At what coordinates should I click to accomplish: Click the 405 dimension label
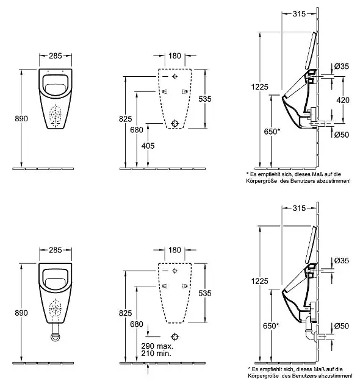[148, 146]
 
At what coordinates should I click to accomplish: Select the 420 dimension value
[343, 100]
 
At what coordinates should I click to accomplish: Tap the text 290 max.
[157, 346]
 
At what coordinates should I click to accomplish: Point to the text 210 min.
[156, 353]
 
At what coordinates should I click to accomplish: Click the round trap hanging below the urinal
[56, 336]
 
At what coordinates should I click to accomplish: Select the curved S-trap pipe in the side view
[309, 330]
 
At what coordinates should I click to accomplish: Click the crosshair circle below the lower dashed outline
[175, 336]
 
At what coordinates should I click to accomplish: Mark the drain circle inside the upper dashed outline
[175, 123]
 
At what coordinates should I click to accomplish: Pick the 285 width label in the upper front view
[56, 56]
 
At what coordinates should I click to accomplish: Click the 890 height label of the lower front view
[21, 313]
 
